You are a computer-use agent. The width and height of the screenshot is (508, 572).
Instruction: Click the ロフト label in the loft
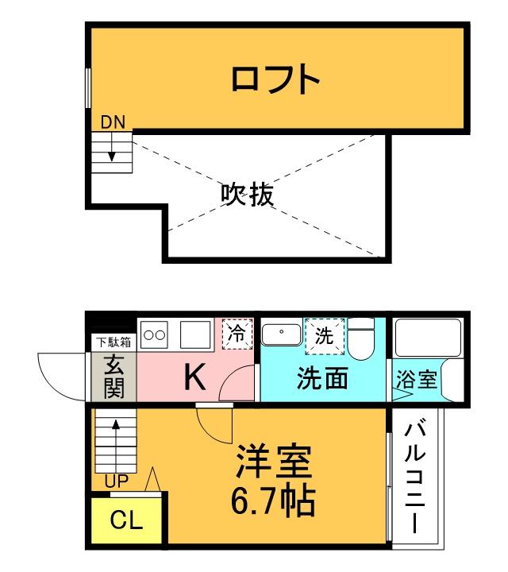click(x=275, y=79)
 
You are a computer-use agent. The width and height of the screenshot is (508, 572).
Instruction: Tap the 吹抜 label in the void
click(x=247, y=193)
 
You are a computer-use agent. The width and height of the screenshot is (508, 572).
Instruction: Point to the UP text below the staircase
click(x=116, y=481)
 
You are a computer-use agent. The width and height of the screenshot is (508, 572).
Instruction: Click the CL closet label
click(x=126, y=521)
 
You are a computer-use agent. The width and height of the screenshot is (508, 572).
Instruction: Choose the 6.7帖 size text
click(x=274, y=500)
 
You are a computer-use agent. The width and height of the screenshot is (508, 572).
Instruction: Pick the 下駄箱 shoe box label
click(x=114, y=342)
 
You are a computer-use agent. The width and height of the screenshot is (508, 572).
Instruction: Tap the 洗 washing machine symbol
click(x=325, y=334)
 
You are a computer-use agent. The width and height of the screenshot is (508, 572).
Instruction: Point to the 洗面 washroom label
click(x=323, y=379)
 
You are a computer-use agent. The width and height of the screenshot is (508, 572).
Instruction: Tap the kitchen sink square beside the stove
click(x=194, y=334)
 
